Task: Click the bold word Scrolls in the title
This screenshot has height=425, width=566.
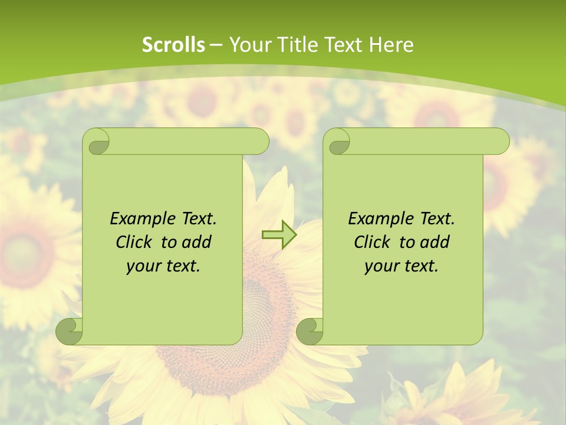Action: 173,45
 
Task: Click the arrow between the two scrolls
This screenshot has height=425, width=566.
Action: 279,235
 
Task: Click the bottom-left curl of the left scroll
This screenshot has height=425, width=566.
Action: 69,331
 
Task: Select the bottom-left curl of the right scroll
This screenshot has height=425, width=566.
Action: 310,331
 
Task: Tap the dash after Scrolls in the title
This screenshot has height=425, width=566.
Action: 216,45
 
